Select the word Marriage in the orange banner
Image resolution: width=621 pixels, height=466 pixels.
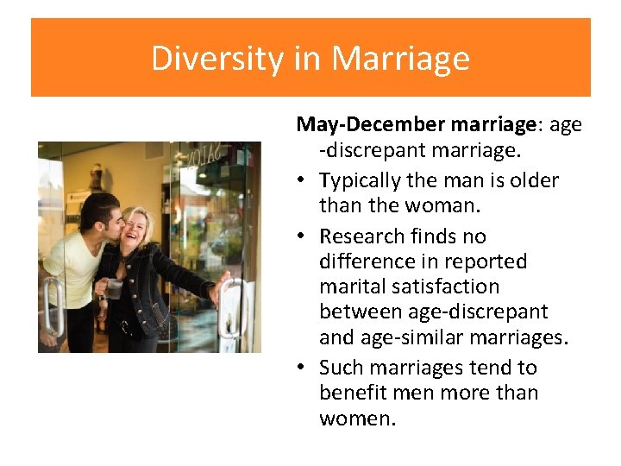[400, 59]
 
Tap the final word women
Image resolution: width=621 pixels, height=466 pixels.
[356, 419]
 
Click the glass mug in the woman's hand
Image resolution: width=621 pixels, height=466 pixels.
[115, 287]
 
